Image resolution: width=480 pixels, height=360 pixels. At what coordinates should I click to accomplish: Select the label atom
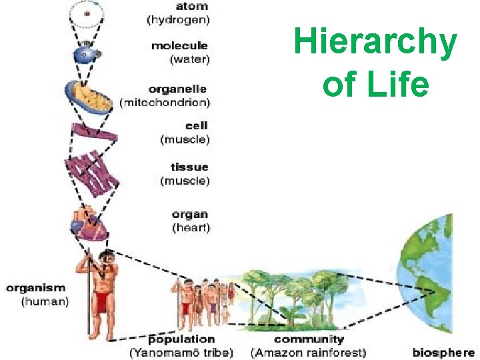tap(192, 6)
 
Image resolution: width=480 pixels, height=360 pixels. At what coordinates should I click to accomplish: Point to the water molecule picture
tap(87, 54)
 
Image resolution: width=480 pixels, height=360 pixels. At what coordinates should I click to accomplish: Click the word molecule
tap(179, 46)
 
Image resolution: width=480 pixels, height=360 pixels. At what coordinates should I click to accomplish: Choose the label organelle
tap(177, 89)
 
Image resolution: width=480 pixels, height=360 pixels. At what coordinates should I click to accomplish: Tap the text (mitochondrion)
tap(165, 102)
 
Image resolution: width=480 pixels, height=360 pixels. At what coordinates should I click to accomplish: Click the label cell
tap(197, 125)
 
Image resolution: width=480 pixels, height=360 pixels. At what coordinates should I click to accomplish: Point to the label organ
tap(190, 215)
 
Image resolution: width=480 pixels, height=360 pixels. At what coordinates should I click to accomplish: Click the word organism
tap(36, 288)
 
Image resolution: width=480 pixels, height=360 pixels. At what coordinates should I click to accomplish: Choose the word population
tap(181, 340)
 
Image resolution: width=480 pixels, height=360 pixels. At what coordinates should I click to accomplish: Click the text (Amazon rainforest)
tap(308, 352)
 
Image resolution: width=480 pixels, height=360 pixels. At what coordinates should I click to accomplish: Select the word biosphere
tap(443, 352)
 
